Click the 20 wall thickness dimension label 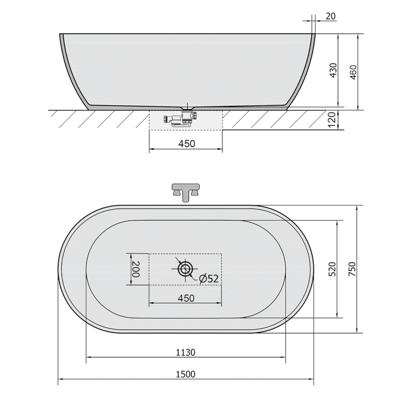[331, 16]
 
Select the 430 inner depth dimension [333, 70]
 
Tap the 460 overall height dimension [353, 72]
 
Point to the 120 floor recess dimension [331, 120]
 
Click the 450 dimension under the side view [187, 144]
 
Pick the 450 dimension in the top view [186, 298]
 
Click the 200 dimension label [135, 269]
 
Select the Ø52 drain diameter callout [209, 278]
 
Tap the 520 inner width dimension [332, 269]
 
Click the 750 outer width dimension [352, 269]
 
